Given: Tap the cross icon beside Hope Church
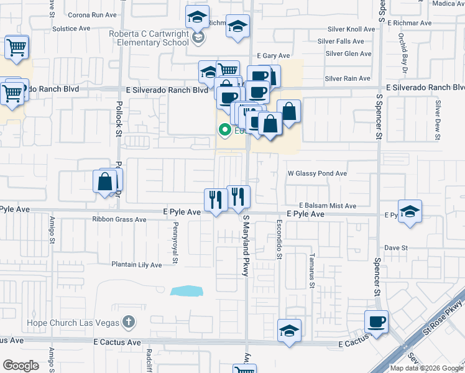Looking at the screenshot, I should (x=128, y=322).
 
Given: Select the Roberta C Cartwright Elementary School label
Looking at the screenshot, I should (x=149, y=39).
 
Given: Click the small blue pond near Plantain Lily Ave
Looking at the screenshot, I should (x=186, y=291).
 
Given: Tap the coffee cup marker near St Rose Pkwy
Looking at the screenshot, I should (x=377, y=322).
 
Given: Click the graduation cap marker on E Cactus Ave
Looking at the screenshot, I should (x=289, y=331).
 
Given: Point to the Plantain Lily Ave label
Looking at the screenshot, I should (x=136, y=265).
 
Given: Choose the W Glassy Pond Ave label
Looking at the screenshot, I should (x=316, y=173).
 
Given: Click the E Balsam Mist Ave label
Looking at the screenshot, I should (x=328, y=205).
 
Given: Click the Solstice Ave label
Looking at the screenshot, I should (x=72, y=29).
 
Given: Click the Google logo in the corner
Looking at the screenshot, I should (x=21, y=366).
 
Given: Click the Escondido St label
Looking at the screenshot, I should (x=280, y=239).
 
